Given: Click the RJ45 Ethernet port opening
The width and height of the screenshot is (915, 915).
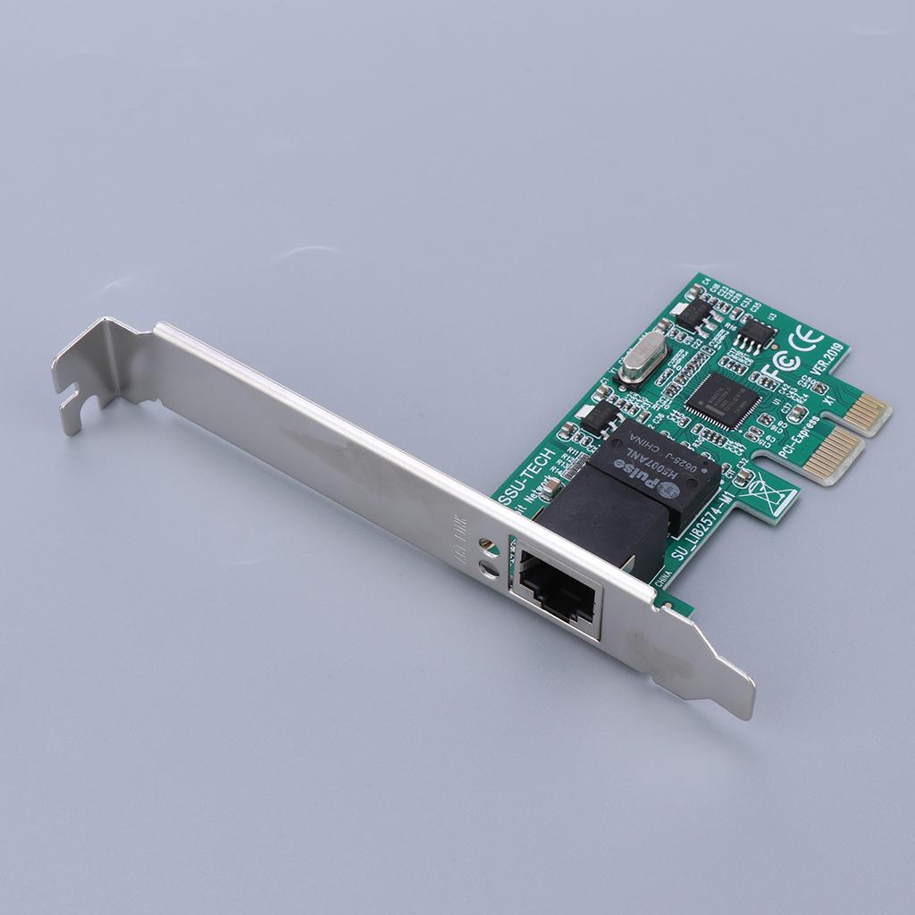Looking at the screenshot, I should pyautogui.click(x=558, y=591).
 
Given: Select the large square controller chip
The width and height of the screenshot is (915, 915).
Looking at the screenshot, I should pyautogui.click(x=723, y=399).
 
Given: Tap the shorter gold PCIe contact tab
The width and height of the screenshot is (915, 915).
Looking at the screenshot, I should pyautogui.click(x=867, y=410).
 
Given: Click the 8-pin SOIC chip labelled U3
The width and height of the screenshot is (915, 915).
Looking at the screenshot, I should pyautogui.click(x=757, y=332).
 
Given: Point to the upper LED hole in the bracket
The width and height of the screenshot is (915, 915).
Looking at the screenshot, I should pyautogui.click(x=486, y=543).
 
